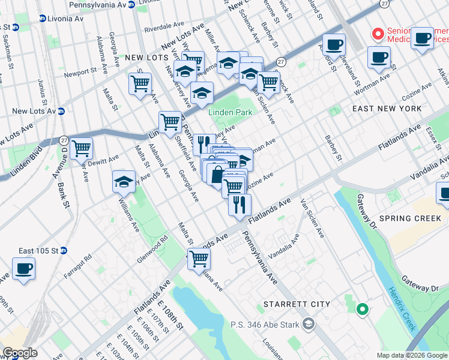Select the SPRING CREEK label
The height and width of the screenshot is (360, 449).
[410, 218]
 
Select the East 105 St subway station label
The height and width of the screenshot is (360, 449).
[38, 250]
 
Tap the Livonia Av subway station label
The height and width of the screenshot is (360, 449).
[61, 19]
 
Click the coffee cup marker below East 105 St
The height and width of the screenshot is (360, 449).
[23, 269]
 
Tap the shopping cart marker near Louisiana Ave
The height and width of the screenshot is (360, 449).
[199, 260]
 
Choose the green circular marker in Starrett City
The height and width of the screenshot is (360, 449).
[361, 310]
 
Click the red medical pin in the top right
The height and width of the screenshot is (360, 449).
[378, 34]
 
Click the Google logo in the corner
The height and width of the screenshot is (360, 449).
[20, 353]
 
